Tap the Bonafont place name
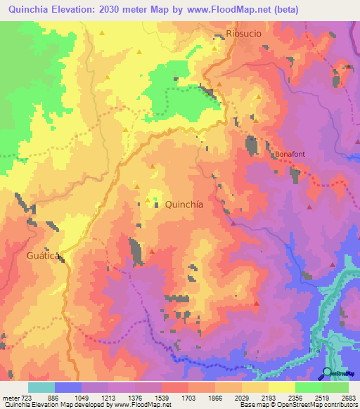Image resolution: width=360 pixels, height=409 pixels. (290, 153)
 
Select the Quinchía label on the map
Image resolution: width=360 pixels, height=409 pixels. (184, 204)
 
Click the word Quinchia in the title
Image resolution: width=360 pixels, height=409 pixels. (29, 10)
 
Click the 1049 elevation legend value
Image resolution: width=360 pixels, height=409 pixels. (94, 397)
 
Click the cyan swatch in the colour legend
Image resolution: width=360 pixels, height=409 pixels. (41, 387)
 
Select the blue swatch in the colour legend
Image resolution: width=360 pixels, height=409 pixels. (68, 387)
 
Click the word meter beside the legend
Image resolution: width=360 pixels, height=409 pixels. (11, 397)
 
